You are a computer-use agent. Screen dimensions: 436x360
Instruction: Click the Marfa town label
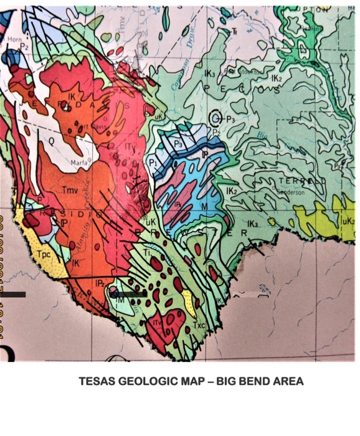[83, 164]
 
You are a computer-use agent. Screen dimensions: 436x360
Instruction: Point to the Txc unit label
[200, 325]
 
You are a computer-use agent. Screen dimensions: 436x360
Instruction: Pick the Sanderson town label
[288, 192]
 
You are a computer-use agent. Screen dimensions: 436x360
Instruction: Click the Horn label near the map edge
[14, 38]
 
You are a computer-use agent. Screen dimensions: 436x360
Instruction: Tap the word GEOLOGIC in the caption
[146, 381]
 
